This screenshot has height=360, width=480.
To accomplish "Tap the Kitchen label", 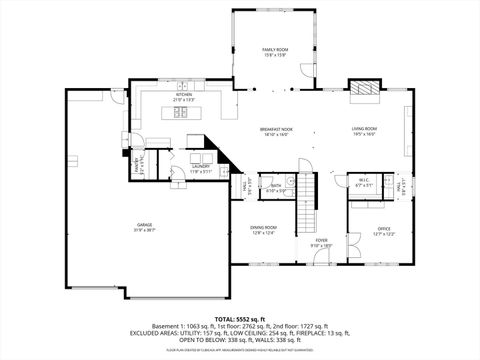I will pos(184,97).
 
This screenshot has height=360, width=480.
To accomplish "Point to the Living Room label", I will pos(363,131).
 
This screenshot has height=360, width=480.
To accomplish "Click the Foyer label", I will pos(321,242).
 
